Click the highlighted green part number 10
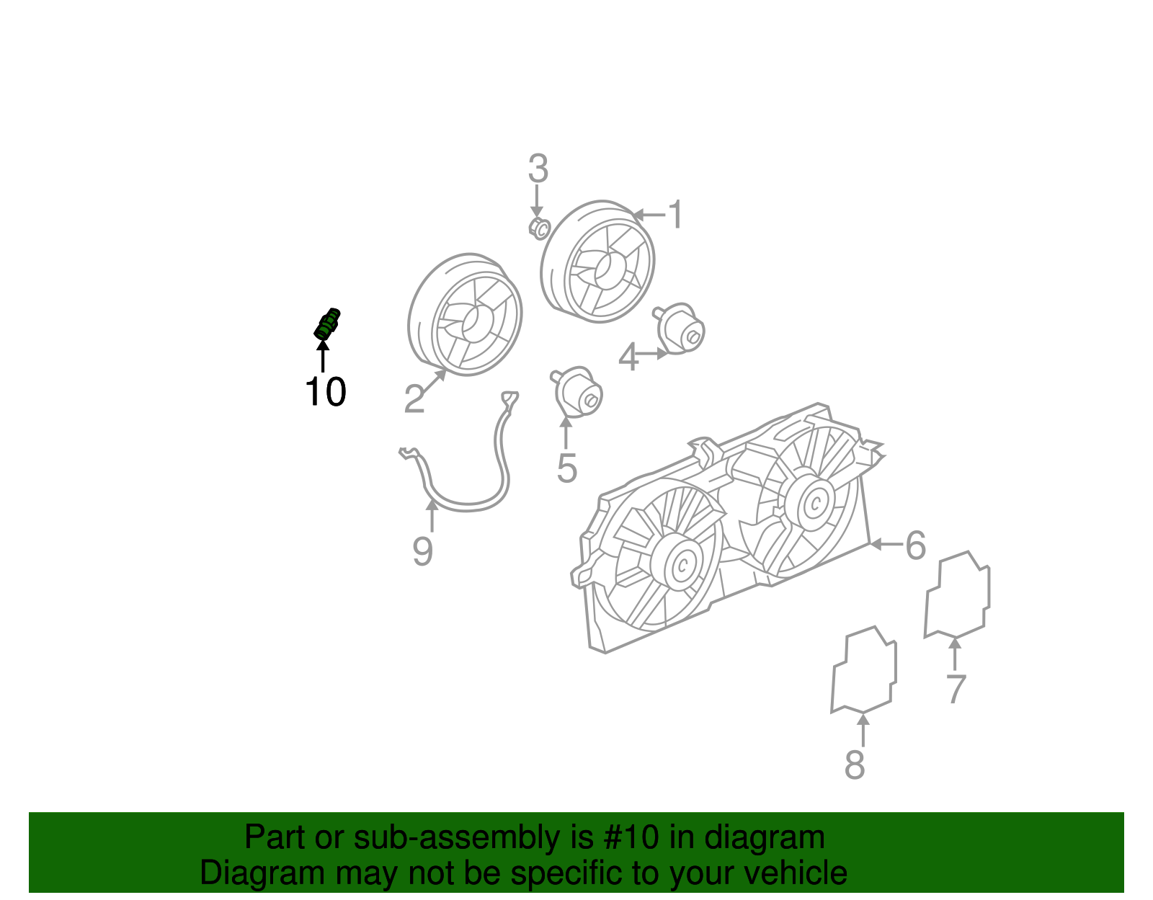pyautogui.click(x=327, y=324)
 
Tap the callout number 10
pyautogui.click(x=325, y=392)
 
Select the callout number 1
pyautogui.click(x=675, y=215)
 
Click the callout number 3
pyautogui.click(x=538, y=169)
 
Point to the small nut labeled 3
pyautogui.click(x=539, y=228)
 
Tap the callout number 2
pyautogui.click(x=414, y=399)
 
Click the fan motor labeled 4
pyautogui.click(x=681, y=330)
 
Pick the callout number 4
pyautogui.click(x=628, y=358)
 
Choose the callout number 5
pyautogui.click(x=567, y=469)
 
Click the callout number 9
pyautogui.click(x=423, y=552)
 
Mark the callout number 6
pyautogui.click(x=915, y=545)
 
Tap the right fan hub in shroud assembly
pyautogui.click(x=815, y=502)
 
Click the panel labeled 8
pyautogui.click(x=863, y=670)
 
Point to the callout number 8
pyautogui.click(x=855, y=765)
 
